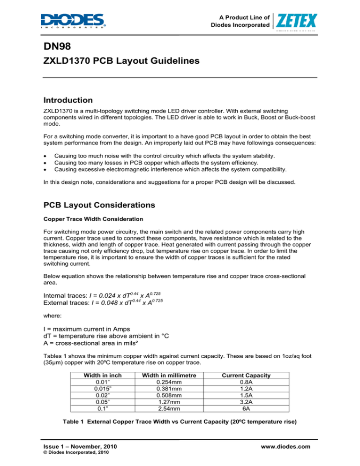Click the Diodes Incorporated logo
(73, 21)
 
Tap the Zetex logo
(298, 21)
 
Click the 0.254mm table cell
(168, 382)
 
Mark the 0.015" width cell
(102, 388)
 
